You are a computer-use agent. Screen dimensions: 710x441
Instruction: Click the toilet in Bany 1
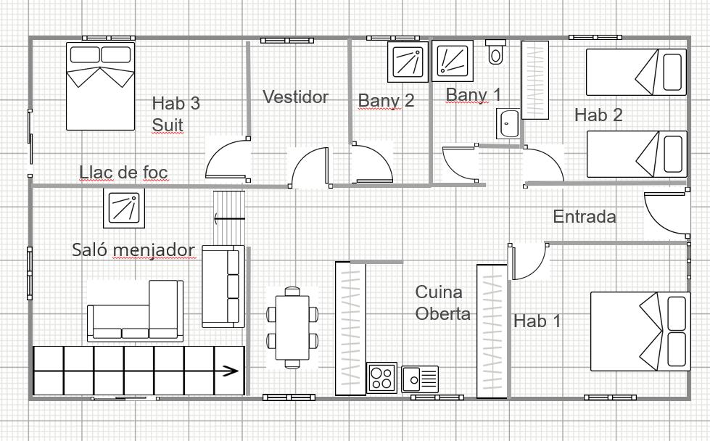(496, 52)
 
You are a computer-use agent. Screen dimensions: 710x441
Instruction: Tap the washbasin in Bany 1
(508, 123)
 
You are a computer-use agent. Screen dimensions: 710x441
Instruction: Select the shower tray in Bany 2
(408, 62)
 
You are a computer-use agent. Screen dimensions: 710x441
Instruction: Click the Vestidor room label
(295, 96)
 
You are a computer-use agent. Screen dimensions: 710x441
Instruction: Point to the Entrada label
(585, 216)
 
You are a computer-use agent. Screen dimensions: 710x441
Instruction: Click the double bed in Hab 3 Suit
(101, 86)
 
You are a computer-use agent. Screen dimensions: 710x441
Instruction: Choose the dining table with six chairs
(292, 327)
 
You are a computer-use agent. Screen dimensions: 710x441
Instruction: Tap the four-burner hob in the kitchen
(381, 378)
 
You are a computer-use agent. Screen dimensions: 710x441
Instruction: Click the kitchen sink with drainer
(420, 379)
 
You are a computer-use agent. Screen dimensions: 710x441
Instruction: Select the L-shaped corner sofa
(136, 310)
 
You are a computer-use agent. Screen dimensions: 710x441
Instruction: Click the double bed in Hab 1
(640, 331)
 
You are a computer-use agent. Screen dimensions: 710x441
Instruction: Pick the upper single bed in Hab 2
(636, 73)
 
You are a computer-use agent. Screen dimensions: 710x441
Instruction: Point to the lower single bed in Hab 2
(637, 154)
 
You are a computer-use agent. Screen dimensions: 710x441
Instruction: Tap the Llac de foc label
(123, 173)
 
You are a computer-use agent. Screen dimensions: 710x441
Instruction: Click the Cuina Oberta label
(442, 302)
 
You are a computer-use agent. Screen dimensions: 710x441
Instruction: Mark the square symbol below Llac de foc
(124, 208)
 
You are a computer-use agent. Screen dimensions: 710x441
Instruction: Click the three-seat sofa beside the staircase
(223, 287)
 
